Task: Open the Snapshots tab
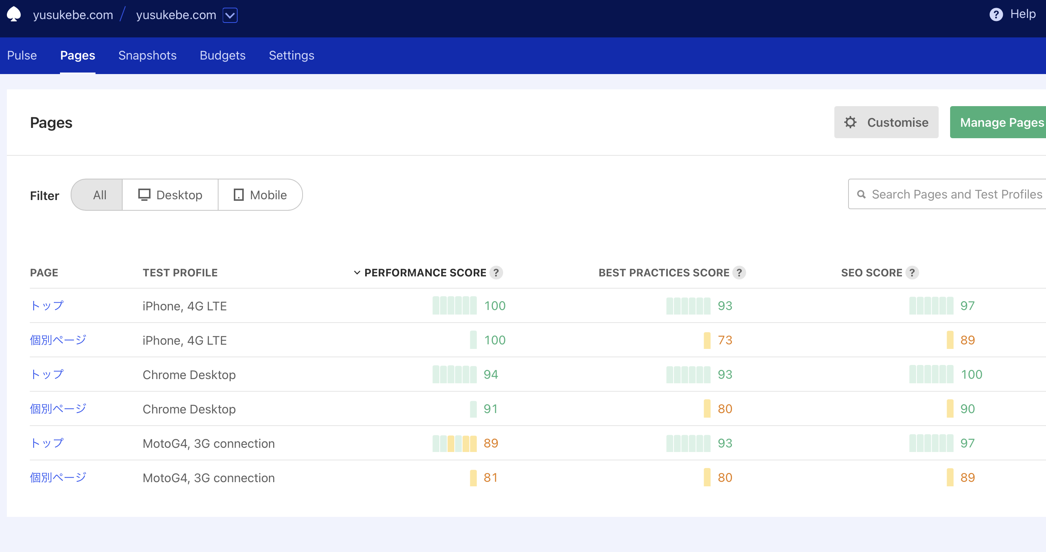point(147,56)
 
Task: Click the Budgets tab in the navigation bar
point(222,56)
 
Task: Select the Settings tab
point(291,56)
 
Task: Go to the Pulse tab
point(22,56)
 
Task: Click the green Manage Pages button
point(1001,122)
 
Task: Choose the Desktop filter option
point(170,195)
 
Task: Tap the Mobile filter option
point(260,195)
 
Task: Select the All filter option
point(99,195)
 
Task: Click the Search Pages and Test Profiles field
point(956,194)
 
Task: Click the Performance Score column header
point(425,273)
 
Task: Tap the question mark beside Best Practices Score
point(739,273)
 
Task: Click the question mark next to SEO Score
point(912,273)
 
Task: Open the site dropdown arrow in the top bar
point(230,15)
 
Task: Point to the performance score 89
point(491,443)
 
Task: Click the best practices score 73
point(725,340)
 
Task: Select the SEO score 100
point(971,374)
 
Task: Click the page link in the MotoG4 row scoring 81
point(58,478)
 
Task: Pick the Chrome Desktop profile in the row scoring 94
point(189,374)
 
